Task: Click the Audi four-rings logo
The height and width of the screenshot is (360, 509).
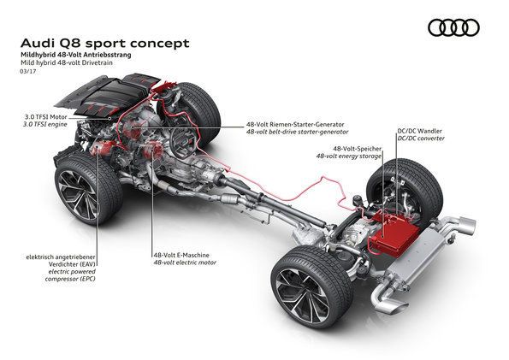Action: [453, 28]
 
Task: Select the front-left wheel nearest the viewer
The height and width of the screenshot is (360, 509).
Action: [86, 190]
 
